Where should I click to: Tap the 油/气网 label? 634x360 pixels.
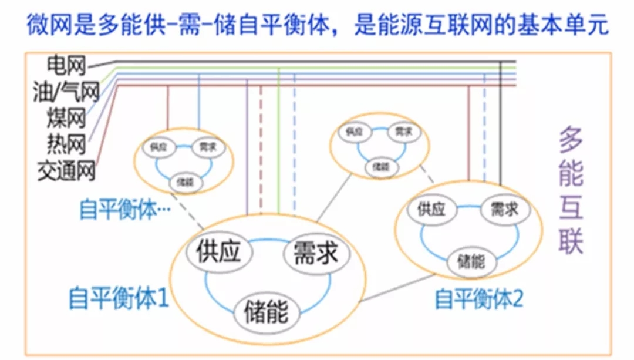click(x=65, y=90)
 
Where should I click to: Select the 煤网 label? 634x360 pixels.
click(x=66, y=117)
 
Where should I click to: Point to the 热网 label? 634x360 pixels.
click(x=66, y=143)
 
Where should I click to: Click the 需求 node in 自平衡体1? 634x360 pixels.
click(x=316, y=254)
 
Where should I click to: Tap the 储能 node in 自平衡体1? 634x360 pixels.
click(x=266, y=312)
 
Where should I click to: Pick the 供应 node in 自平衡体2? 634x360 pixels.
click(x=431, y=210)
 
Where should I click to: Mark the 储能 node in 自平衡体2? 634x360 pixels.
click(x=470, y=260)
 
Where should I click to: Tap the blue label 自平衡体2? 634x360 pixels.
click(x=478, y=300)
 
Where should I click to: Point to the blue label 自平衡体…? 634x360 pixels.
click(x=124, y=209)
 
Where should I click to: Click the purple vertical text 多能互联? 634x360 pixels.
click(x=570, y=191)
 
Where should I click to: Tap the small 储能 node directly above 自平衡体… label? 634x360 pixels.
click(x=183, y=183)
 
